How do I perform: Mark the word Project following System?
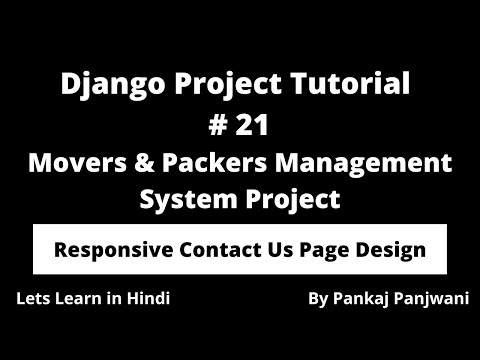(x=291, y=198)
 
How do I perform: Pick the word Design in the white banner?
(x=389, y=249)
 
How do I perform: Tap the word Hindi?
(x=146, y=299)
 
